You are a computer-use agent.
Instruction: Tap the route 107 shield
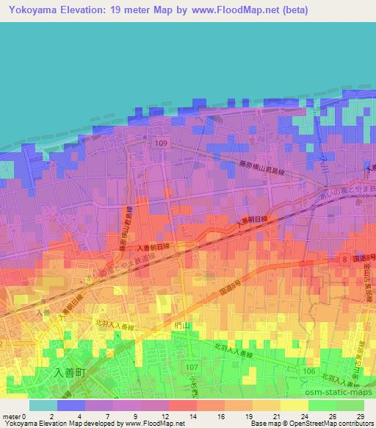click(193, 367)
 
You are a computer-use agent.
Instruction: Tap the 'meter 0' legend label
click(13, 416)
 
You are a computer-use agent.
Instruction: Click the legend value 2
click(51, 416)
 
